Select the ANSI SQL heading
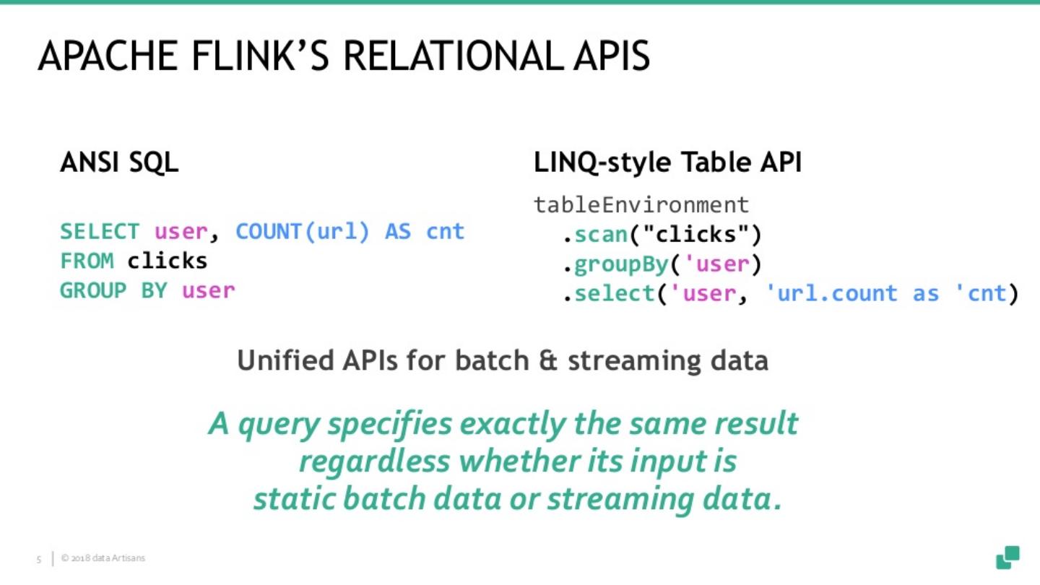coord(119,163)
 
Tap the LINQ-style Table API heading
coord(667,163)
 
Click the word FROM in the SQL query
coord(87,261)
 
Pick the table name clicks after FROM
coord(168,261)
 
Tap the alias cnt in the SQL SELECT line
coord(445,232)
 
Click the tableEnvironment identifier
coord(641,205)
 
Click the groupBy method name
coord(622,264)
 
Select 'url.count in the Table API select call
coord(828,293)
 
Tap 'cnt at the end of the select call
coord(980,293)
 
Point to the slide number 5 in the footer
coord(39,558)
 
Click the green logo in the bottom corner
coord(1007,557)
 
